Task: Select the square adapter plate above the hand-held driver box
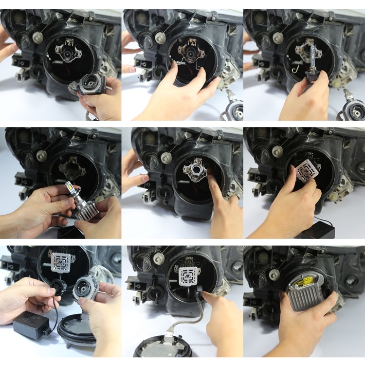61,262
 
